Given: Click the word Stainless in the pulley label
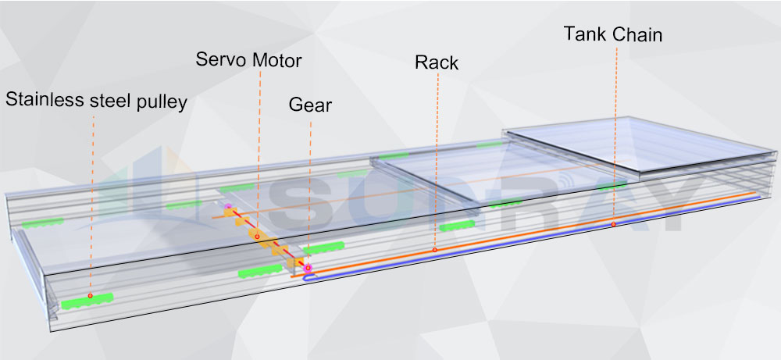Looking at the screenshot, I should point(43,101).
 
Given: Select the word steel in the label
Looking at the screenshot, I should point(109,101).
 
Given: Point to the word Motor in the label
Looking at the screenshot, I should point(276,59).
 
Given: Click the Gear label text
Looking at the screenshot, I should point(310,105).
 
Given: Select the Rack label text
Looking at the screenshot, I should point(437,63).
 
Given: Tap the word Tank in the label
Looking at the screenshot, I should point(585,34).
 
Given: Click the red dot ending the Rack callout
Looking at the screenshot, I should point(435,250).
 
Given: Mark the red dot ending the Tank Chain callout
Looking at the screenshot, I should point(614,224).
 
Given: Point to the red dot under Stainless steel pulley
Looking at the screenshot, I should point(91,295).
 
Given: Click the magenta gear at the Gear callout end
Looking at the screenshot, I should point(308,268).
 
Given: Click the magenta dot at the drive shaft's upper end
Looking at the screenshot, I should point(228,207).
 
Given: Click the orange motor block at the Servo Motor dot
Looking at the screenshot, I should point(255,235).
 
